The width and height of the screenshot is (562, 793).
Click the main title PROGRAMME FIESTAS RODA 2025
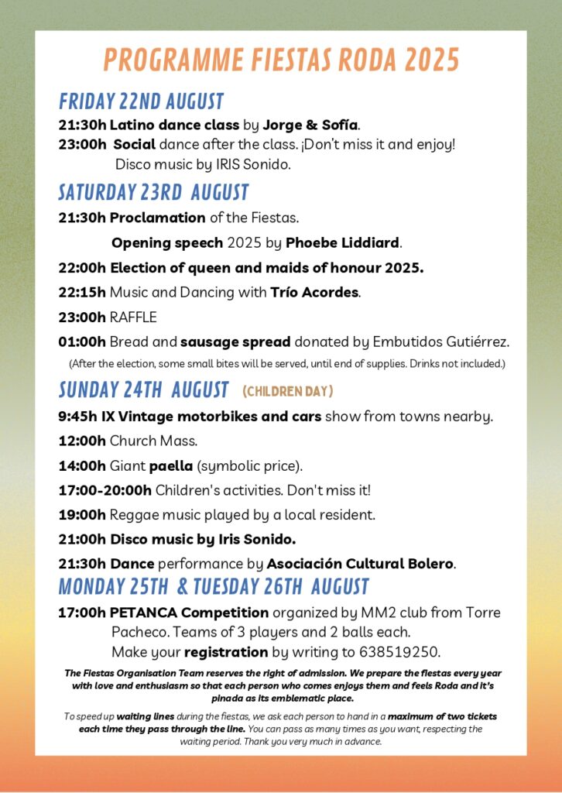tap(281, 60)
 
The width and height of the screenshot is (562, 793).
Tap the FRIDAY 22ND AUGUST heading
tap(141, 101)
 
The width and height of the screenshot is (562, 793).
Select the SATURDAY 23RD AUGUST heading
tap(153, 191)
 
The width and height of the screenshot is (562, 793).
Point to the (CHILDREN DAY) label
tap(287, 390)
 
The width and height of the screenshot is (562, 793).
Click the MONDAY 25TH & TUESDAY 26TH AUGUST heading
tap(214, 585)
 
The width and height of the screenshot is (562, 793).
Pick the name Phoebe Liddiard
tap(343, 243)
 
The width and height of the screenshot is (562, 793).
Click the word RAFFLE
tap(133, 317)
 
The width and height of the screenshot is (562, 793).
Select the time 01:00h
tap(82, 342)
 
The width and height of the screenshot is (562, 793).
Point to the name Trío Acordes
tap(315, 293)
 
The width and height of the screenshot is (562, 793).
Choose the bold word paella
tap(171, 465)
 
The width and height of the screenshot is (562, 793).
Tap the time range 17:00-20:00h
tap(105, 490)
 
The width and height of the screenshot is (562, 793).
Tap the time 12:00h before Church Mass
tap(82, 441)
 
